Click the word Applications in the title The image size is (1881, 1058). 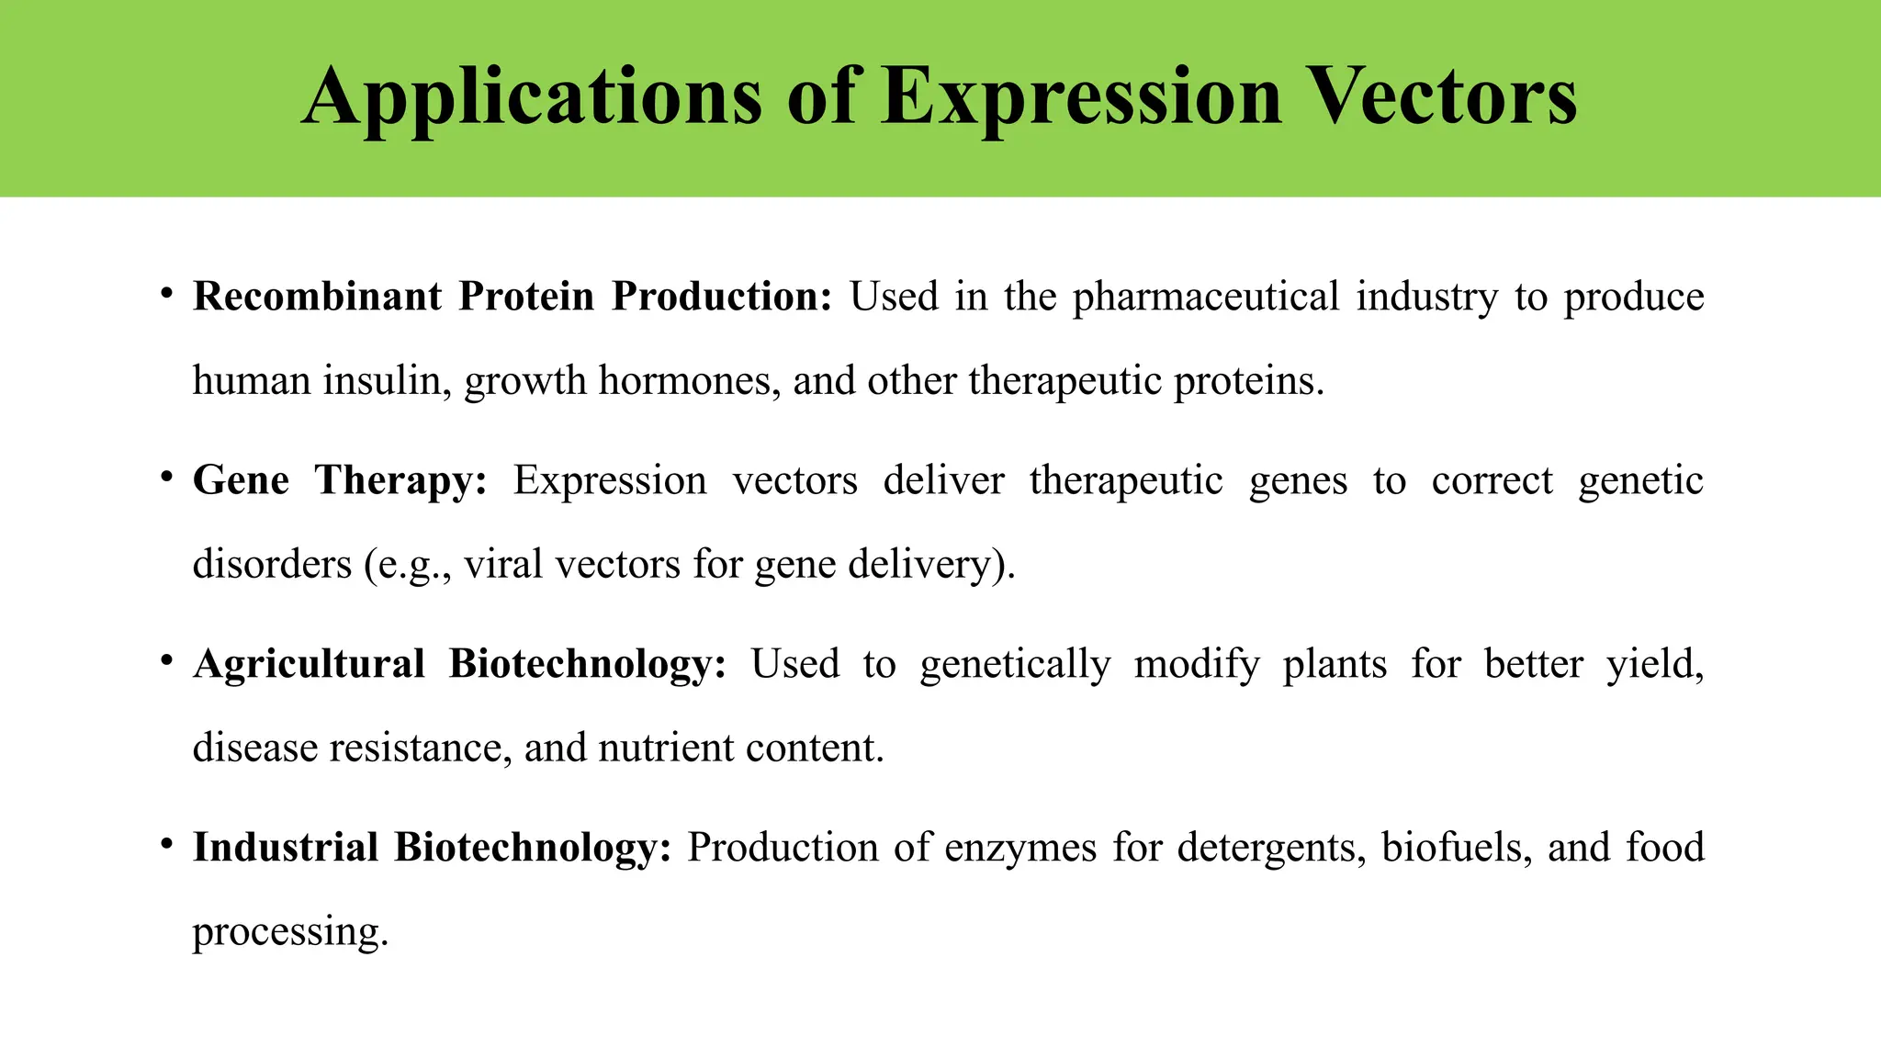(x=532, y=97)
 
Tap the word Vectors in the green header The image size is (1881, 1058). (x=1441, y=97)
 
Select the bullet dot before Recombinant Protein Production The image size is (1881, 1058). (x=166, y=294)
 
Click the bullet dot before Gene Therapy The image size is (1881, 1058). (x=166, y=478)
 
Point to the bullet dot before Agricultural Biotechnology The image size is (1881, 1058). (x=166, y=661)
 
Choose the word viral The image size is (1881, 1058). (x=502, y=564)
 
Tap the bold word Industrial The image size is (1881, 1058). (x=286, y=848)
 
